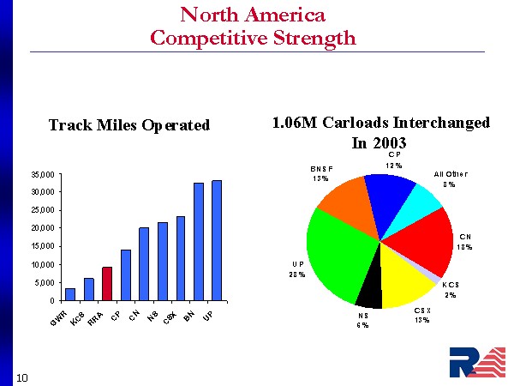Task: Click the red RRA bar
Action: tap(107, 284)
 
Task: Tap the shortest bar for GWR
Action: tap(70, 294)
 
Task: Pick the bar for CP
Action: tap(126, 275)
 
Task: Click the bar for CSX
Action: tap(181, 258)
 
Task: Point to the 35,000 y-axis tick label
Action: tap(44, 175)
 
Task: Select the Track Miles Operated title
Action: tap(129, 125)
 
